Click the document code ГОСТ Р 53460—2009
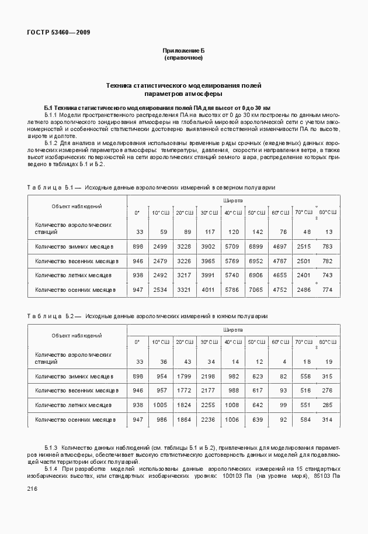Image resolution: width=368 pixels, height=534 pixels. [58, 32]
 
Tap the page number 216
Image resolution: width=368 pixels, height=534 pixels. [33, 490]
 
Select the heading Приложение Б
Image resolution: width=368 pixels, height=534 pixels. [183, 52]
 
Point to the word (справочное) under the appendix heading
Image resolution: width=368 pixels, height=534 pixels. [183, 58]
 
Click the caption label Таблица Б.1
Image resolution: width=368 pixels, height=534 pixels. [54, 187]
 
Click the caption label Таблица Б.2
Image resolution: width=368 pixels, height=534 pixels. [54, 316]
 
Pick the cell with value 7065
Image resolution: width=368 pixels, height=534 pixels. [256, 290]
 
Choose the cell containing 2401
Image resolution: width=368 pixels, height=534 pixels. [304, 275]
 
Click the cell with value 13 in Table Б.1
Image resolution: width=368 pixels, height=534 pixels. [328, 232]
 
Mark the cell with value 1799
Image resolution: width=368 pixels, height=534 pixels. [184, 376]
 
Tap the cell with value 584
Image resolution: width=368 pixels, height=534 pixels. [304, 419]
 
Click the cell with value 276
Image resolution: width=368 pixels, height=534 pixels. [328, 390]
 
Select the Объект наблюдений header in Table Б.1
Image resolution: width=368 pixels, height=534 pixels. [77, 206]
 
